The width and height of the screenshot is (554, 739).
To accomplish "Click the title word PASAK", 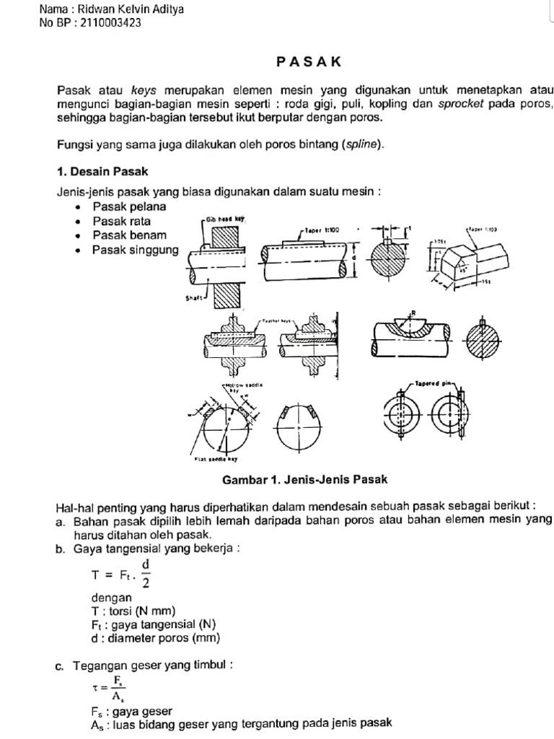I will [307, 63].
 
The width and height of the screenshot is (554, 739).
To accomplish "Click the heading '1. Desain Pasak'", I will [102, 172].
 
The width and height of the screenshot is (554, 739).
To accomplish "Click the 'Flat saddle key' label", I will [216, 459].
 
